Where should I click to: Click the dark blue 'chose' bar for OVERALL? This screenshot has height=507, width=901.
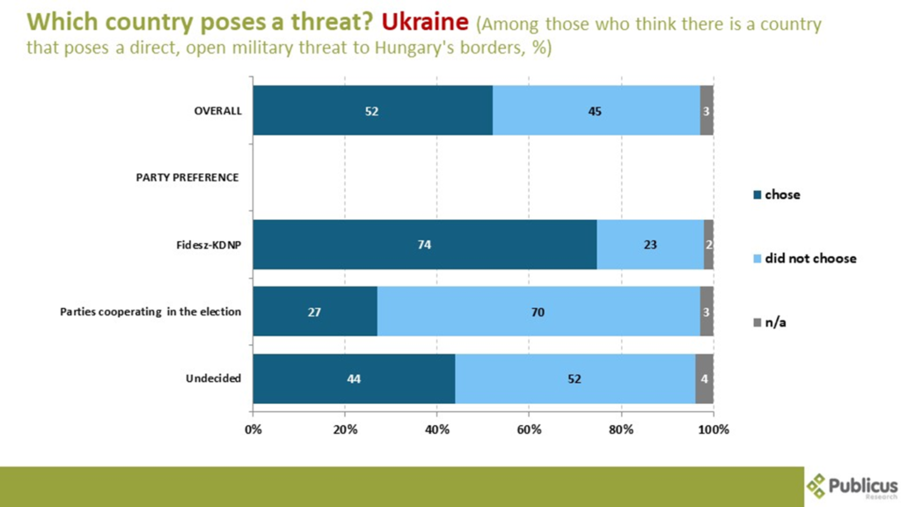point(372,111)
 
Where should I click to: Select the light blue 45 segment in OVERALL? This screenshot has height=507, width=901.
point(596,111)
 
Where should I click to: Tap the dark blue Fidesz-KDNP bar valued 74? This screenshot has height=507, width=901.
point(424,245)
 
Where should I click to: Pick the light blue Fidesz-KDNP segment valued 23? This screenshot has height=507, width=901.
point(649,245)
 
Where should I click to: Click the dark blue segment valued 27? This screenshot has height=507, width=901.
point(315,312)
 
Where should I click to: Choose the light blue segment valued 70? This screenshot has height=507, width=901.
point(538,312)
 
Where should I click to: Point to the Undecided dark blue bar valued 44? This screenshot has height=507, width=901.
point(354,378)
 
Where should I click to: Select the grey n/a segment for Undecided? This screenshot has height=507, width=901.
point(704,378)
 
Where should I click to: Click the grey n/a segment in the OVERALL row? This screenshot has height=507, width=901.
point(707,111)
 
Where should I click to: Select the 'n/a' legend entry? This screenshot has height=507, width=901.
point(775,323)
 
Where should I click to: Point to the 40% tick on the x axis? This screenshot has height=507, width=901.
point(437,430)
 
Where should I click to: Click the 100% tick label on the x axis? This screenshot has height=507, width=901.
point(713,430)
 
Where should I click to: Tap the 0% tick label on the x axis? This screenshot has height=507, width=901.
point(253,430)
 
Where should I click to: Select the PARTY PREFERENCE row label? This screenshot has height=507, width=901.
point(187,178)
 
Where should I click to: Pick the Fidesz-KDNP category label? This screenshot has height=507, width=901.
point(208,245)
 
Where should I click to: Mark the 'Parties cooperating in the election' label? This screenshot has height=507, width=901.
point(150,312)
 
